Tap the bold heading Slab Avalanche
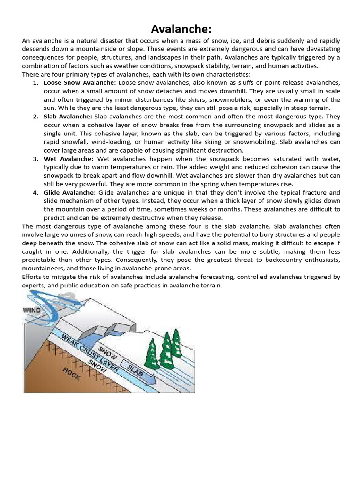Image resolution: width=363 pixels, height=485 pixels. (68, 116)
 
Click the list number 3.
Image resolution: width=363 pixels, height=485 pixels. (35, 159)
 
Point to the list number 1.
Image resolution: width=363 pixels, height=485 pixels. (35, 83)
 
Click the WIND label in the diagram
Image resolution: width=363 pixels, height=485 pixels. (32, 310)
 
